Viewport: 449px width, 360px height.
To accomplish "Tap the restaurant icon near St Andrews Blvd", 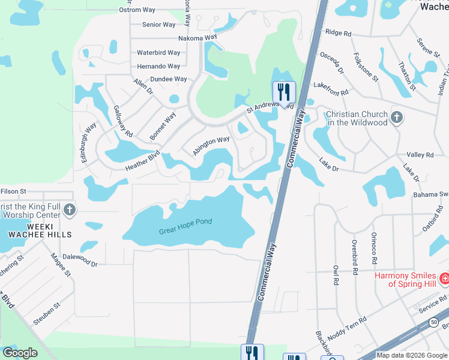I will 283,92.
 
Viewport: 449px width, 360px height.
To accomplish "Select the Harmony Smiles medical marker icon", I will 444,278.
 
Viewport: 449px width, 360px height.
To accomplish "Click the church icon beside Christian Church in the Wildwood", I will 396,118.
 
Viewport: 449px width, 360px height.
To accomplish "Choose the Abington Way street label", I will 211,146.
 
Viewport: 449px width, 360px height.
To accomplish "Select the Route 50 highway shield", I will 433,322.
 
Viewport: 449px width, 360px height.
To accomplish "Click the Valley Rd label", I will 420,155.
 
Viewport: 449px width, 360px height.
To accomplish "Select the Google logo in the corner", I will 20,353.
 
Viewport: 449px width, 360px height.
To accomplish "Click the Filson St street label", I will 13,191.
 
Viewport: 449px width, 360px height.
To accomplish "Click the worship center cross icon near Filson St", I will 70,210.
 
